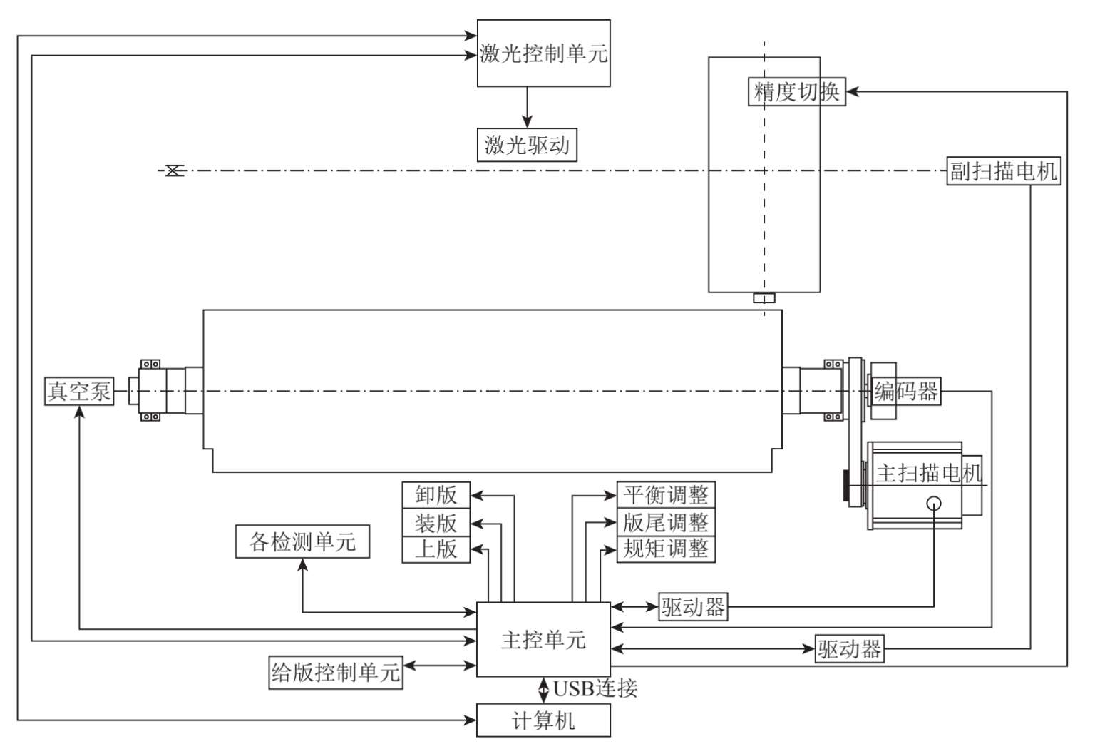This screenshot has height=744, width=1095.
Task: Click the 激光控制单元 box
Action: tap(543, 53)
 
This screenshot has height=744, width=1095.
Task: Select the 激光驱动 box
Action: tap(527, 145)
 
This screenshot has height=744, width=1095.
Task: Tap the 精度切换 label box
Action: tap(796, 92)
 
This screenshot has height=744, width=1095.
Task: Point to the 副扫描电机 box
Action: tap(1003, 171)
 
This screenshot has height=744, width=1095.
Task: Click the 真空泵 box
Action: tap(79, 391)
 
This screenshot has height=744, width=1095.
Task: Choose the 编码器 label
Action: tap(906, 391)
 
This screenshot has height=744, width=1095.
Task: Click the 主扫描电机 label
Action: tap(928, 473)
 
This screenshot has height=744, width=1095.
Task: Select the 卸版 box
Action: tap(436, 495)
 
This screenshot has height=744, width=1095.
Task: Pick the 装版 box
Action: tap(436, 522)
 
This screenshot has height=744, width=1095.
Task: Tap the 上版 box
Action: tap(436, 549)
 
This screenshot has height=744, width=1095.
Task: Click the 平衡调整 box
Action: tap(665, 495)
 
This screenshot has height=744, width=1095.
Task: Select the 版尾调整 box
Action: tap(665, 522)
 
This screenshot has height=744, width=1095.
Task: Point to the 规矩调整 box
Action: tap(665, 549)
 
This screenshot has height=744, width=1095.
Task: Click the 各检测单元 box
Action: tap(302, 541)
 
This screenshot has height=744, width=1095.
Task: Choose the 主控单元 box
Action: tap(543, 640)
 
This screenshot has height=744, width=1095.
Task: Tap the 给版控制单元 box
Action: tap(335, 672)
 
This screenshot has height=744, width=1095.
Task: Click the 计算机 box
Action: tap(543, 720)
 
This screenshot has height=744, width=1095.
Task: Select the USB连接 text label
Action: tap(595, 688)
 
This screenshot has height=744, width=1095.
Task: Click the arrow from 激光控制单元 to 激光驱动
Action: tap(527, 107)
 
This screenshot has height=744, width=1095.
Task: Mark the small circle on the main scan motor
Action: tap(934, 504)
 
